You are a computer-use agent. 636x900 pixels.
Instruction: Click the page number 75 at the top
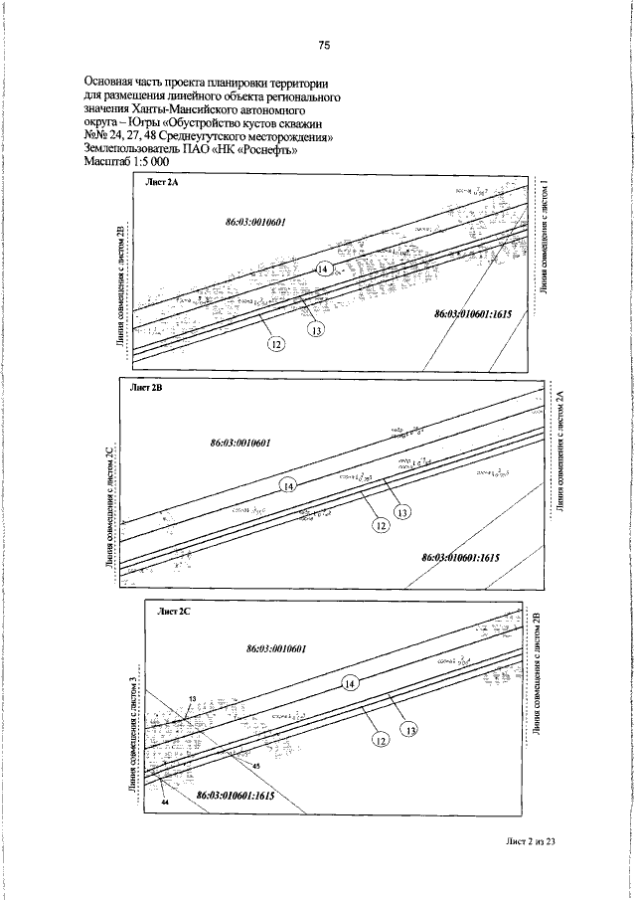pyautogui.click(x=324, y=44)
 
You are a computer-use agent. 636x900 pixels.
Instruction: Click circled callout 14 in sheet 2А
pyautogui.click(x=324, y=270)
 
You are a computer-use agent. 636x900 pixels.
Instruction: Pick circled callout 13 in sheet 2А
pyautogui.click(x=316, y=330)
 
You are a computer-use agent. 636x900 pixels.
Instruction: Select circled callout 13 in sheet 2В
pyautogui.click(x=402, y=513)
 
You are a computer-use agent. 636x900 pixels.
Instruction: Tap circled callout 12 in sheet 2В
pyautogui.click(x=380, y=526)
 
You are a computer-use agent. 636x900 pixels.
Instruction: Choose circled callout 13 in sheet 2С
pyautogui.click(x=409, y=731)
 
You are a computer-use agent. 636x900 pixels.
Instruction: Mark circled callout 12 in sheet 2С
pyautogui.click(x=379, y=740)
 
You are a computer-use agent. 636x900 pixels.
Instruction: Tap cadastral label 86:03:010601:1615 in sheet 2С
pyautogui.click(x=235, y=796)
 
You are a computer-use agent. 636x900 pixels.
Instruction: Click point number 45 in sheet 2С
pyautogui.click(x=255, y=766)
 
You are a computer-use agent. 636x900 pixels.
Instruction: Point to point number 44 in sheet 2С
pyautogui.click(x=166, y=800)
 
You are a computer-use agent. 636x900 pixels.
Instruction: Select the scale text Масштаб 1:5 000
pyautogui.click(x=127, y=161)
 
